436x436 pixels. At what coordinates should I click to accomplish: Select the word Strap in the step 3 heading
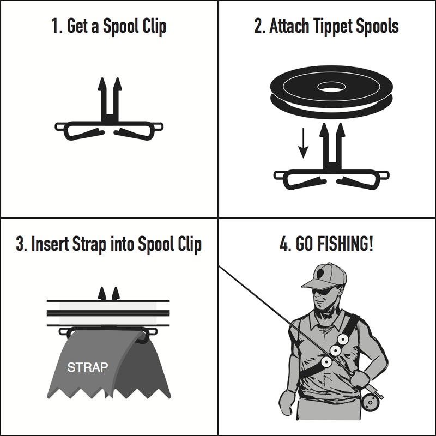coord(89,244)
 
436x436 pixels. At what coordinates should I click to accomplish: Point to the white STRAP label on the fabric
coord(88,367)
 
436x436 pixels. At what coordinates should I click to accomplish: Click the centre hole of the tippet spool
coord(331,87)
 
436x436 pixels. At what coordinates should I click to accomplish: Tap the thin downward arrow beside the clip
coord(303,143)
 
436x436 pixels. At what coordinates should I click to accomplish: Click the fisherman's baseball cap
coord(326,276)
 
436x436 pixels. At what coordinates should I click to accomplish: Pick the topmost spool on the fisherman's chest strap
coord(343,339)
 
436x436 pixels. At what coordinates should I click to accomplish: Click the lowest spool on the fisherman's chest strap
coord(326,362)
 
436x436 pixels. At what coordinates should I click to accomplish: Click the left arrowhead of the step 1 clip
coord(102,84)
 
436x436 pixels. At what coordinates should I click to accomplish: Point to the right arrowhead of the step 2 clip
coord(340,130)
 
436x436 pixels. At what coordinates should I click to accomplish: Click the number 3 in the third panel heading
coord(20,244)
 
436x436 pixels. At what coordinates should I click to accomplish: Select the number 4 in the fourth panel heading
coord(284,244)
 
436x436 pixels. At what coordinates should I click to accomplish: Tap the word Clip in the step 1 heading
coord(155,26)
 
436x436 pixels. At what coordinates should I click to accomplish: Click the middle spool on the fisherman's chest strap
coord(335,350)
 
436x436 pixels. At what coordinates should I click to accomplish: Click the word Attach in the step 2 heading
coord(289,26)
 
